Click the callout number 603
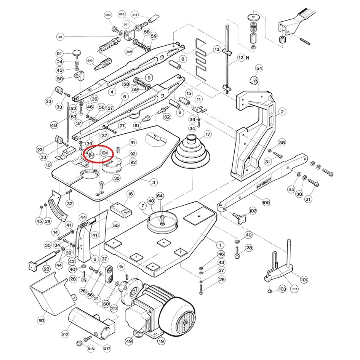click(108, 15)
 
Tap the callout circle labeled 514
click(134, 14)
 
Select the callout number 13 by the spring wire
click(217, 50)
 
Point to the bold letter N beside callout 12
click(248, 58)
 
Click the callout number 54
click(259, 68)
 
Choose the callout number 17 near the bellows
click(208, 134)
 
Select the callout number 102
click(253, 210)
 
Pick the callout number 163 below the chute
click(41, 320)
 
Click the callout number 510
click(65, 334)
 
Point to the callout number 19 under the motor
click(161, 341)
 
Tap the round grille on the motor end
click(185, 321)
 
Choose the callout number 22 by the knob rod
click(46, 269)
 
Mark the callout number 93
click(133, 162)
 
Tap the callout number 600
click(90, 60)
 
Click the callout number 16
click(131, 194)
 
